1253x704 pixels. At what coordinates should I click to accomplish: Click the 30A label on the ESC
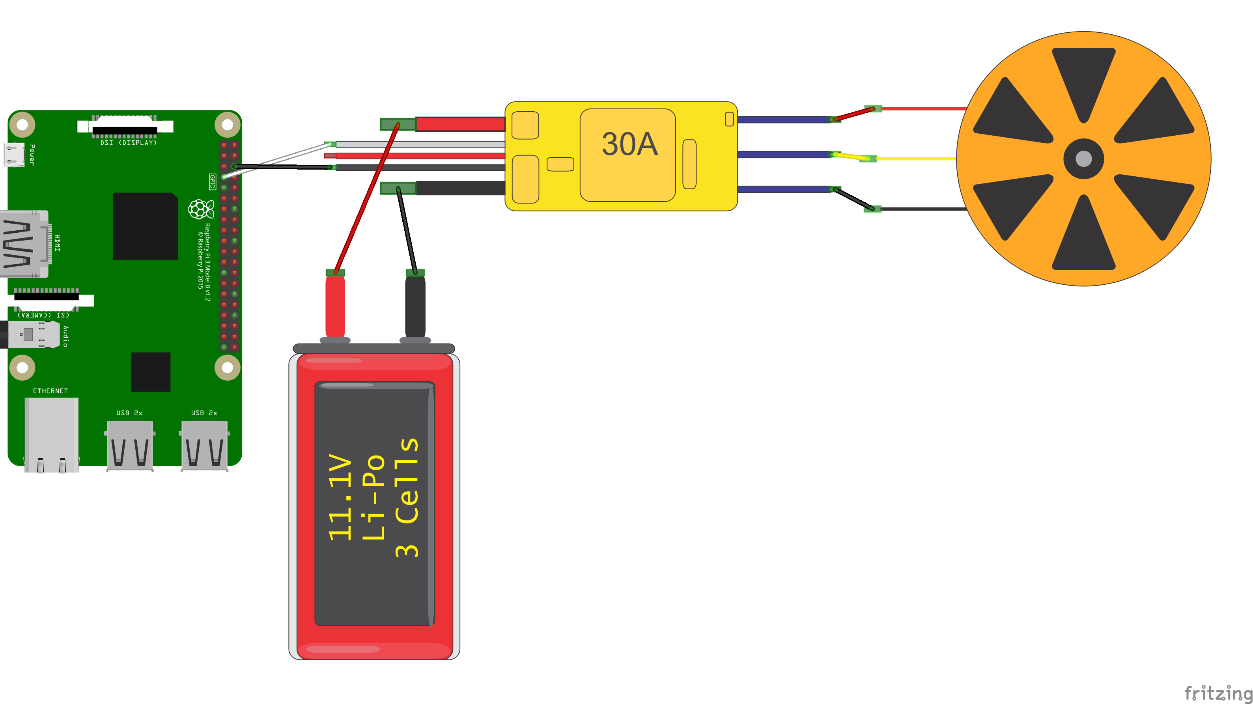click(x=629, y=144)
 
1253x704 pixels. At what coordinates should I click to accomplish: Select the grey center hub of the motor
click(x=1083, y=159)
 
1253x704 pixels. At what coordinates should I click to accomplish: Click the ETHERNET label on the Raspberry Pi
click(x=50, y=391)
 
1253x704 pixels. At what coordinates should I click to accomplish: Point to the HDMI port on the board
click(x=24, y=244)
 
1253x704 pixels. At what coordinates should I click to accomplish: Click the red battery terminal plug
click(x=335, y=306)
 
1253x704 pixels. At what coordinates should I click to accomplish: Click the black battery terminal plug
click(x=415, y=306)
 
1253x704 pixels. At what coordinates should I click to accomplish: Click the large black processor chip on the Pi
click(x=145, y=226)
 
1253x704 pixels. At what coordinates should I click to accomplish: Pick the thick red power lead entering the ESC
click(x=459, y=124)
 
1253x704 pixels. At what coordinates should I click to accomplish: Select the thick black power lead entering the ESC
click(x=459, y=188)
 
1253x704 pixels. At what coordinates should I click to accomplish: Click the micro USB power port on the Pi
click(x=14, y=155)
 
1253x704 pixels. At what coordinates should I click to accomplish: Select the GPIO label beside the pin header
click(x=212, y=181)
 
